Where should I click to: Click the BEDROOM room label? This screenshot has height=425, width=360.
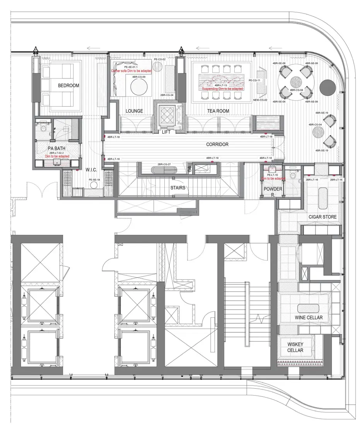click(x=68, y=85)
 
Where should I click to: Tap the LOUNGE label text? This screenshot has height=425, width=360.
click(x=134, y=111)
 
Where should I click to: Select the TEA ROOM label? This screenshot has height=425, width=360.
click(x=218, y=111)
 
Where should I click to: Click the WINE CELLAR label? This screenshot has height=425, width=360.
click(x=309, y=318)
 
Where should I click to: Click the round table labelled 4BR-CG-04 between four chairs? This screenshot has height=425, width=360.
click(x=297, y=82)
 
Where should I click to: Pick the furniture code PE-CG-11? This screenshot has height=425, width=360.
click(x=255, y=80)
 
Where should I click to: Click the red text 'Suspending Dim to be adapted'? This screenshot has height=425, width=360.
click(x=222, y=88)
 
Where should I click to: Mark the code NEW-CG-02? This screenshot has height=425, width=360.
click(x=261, y=100)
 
